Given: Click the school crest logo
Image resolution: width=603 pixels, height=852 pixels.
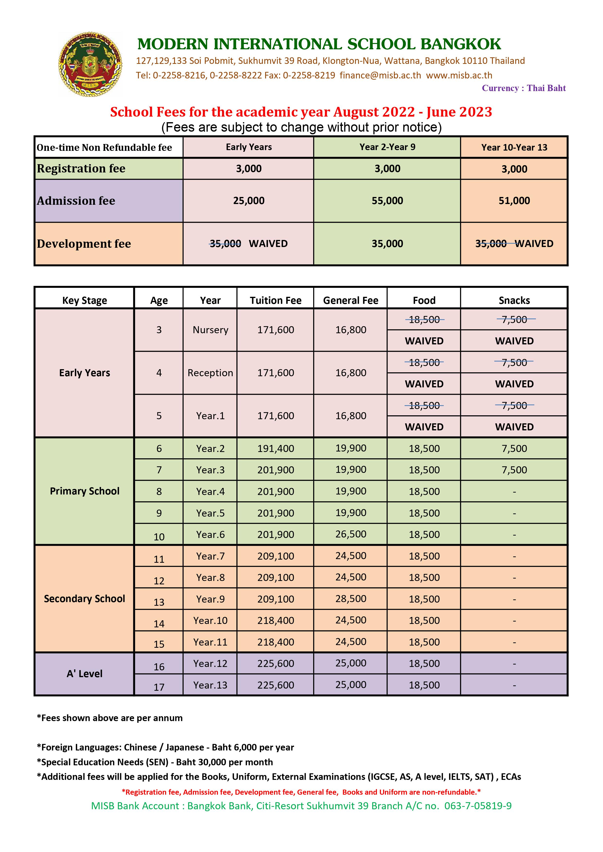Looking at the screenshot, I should (90, 65).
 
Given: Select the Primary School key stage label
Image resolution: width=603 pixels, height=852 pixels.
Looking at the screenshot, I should (85, 491).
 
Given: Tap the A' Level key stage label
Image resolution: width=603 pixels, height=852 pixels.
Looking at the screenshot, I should (85, 673).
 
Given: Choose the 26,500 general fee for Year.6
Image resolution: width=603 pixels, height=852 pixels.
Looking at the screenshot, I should (350, 534).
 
